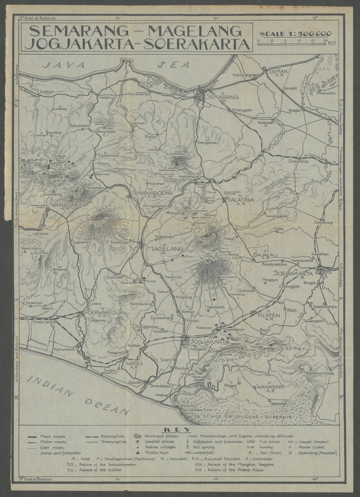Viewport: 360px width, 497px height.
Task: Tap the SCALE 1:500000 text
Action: click(295, 33)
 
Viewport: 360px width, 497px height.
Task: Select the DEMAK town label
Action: click(279, 71)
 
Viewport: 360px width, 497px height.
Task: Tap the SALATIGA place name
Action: click(240, 199)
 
